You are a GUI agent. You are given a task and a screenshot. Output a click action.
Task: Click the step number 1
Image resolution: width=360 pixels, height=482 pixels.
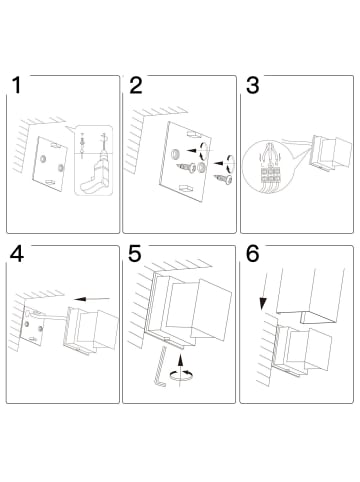16,85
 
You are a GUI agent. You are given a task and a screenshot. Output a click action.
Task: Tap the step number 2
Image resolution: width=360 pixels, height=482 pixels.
136,85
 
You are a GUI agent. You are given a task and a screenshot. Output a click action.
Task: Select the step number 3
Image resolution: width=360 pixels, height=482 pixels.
252,85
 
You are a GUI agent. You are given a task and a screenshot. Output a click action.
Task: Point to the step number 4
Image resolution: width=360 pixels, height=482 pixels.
17,255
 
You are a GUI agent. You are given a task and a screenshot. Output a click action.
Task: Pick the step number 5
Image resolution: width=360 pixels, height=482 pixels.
135,255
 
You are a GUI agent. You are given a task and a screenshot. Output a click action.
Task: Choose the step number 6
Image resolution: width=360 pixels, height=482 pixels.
252,255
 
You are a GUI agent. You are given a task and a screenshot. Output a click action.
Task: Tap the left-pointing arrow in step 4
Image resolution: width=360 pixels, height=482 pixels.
92,299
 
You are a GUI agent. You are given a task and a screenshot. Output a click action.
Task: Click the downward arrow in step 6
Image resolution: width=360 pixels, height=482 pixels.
265,290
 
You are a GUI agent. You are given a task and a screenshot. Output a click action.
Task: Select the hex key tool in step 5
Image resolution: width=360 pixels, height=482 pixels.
161,366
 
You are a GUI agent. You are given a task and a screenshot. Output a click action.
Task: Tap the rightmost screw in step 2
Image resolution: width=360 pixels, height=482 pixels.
224,179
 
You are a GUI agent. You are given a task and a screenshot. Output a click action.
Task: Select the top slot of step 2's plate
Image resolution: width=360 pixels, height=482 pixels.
193,135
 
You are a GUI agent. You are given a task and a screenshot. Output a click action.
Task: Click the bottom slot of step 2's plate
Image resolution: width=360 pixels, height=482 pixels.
186,189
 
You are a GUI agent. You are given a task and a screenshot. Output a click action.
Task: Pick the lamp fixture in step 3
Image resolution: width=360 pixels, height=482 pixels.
331,153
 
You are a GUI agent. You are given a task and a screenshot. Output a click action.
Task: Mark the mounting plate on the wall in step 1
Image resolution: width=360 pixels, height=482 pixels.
50,163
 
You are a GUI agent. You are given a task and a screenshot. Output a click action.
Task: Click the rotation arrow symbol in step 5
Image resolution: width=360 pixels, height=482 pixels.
183,374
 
